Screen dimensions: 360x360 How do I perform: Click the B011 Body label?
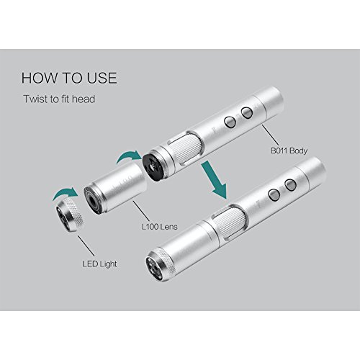tap(289, 150)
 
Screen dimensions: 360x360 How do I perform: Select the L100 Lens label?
tap(160, 227)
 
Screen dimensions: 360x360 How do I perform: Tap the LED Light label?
tap(99, 264)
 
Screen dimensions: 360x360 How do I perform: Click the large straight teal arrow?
tap(215, 179)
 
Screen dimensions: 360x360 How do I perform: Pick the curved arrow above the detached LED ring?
tap(65, 193)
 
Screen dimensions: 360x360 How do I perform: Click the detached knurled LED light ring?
tap(70, 215)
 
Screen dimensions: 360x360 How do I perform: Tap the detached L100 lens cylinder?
tap(114, 189)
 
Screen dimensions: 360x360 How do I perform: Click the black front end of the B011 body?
tap(153, 167)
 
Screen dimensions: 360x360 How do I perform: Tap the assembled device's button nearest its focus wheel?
tap(274, 195)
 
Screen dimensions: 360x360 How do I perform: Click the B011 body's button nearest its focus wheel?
tap(230, 122)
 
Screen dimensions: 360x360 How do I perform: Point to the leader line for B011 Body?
tap(271, 135)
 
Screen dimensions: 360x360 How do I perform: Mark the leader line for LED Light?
tap(86, 246)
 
